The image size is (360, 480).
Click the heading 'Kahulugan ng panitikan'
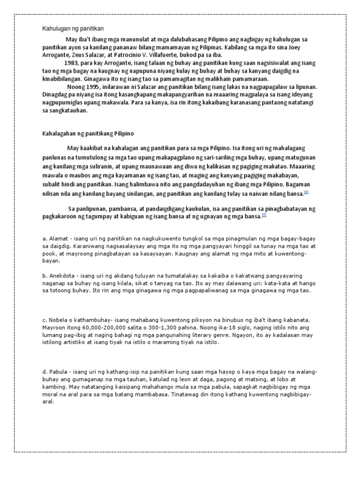73,29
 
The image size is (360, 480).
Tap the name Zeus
81,54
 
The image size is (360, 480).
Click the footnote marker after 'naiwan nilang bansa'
306,192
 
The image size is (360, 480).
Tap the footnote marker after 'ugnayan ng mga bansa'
264,215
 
